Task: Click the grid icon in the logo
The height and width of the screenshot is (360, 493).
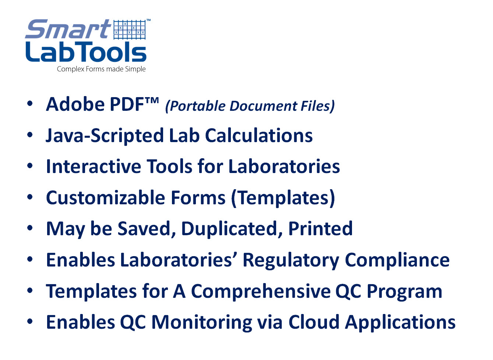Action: point(130,30)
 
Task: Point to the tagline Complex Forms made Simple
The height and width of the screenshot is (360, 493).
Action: point(101,69)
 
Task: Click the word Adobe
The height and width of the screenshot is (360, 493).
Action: point(75,104)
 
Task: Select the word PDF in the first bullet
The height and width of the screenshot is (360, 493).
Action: point(127,104)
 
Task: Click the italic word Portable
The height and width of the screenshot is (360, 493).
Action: point(195,106)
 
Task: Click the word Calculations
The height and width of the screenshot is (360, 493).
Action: point(259,135)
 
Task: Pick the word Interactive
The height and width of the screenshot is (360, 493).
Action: point(94,166)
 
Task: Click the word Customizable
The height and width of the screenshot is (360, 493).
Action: point(105,198)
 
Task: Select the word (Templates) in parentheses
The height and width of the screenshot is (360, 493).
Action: point(283,198)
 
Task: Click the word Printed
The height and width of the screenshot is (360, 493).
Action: point(320,229)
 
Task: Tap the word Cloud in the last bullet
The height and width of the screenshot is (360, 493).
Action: point(314,322)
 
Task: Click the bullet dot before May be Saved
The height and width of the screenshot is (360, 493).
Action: point(30,228)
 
